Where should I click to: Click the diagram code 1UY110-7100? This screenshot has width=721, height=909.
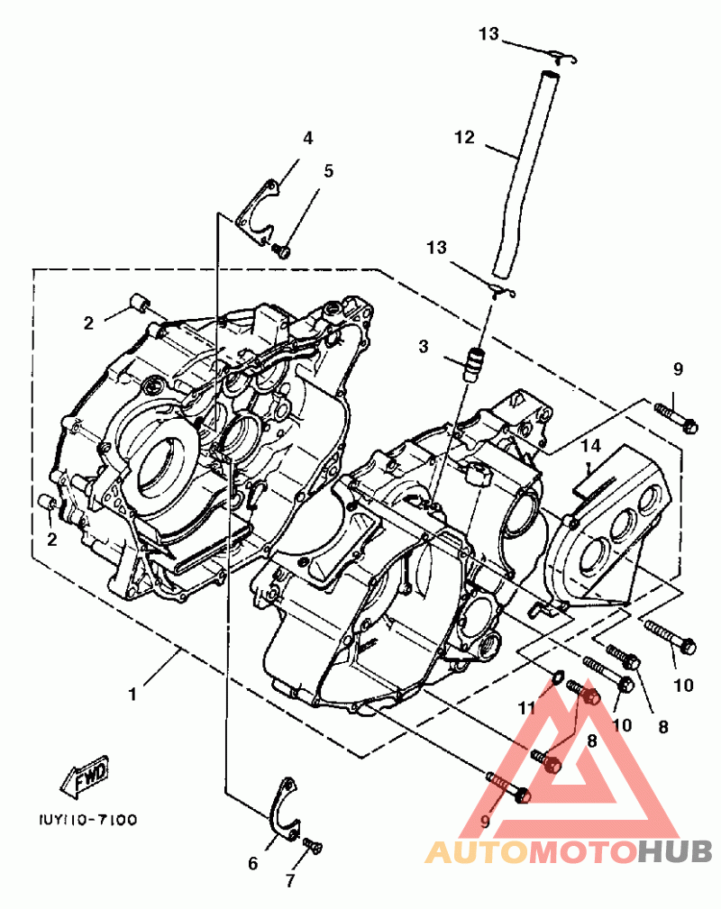coord(88,820)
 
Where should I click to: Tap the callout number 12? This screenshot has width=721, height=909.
coord(465,138)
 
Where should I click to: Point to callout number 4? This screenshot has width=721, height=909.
coord(308,138)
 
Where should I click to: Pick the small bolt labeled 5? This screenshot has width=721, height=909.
coord(281,251)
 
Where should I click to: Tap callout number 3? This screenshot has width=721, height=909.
coord(424,346)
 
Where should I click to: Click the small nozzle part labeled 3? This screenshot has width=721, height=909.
coord(474,363)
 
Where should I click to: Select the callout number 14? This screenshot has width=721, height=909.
coord(591,446)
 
